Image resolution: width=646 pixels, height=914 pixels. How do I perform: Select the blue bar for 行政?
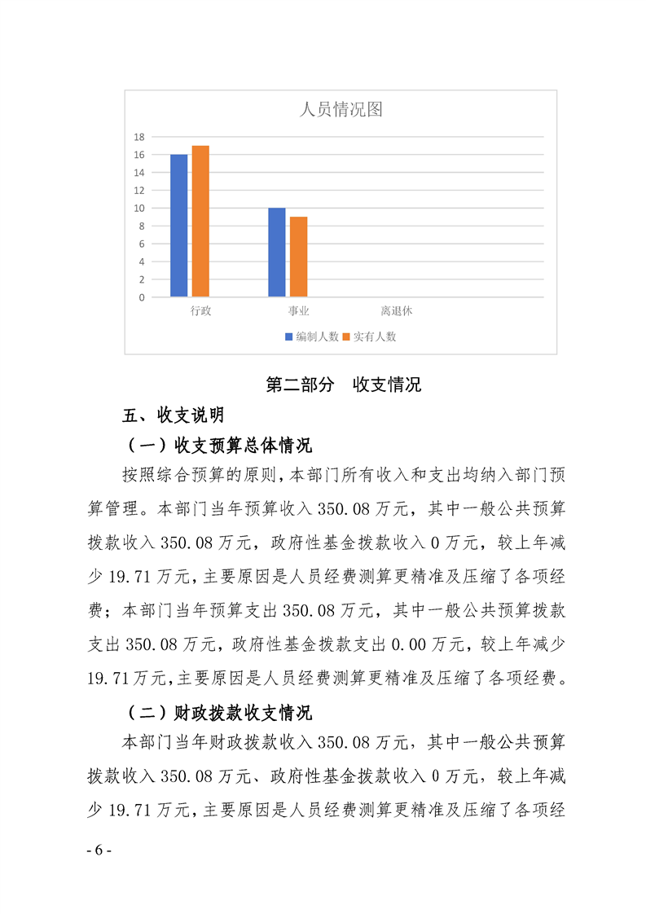178,226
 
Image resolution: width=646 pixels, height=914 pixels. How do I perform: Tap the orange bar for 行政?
200,221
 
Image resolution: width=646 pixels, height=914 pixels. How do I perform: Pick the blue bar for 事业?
277,253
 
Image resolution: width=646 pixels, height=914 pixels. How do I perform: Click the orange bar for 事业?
299,257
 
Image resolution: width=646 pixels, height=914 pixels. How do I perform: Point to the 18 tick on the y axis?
139,137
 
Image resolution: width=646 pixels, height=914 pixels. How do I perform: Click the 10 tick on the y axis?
139,208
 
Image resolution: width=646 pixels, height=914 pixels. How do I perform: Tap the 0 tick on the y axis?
142,297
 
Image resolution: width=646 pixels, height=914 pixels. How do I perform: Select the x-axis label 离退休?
397,311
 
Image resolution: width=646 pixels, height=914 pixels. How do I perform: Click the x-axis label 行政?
200,311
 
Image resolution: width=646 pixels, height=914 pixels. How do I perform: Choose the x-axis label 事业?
299,311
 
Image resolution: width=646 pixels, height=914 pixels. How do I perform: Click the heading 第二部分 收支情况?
344,385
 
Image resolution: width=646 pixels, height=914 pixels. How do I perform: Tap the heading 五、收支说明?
173,416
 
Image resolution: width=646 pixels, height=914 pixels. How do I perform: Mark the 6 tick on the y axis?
142,244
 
